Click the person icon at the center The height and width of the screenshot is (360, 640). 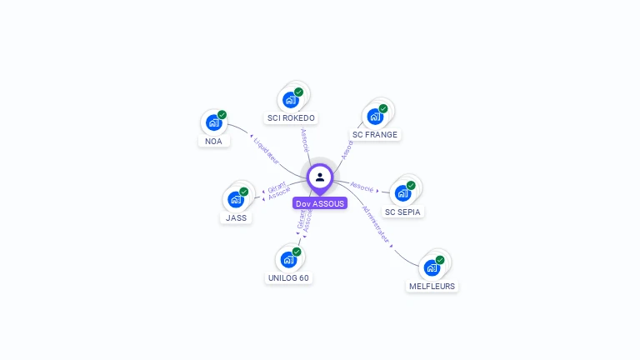click(320, 177)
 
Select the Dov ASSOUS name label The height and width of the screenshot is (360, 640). click(320, 203)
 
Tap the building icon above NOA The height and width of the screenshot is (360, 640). click(213, 123)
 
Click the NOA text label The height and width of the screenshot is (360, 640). click(213, 142)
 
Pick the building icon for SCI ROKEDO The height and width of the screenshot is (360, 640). click(290, 100)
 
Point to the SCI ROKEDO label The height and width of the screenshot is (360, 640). click(291, 118)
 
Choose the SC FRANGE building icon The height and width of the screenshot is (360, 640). click(375, 117)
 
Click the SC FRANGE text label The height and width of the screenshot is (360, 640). click(375, 134)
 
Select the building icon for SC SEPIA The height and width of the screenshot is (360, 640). click(403, 193)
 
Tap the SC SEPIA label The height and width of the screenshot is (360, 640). click(404, 212)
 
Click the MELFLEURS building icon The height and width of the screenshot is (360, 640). click(432, 267)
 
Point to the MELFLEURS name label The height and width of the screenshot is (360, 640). click(432, 286)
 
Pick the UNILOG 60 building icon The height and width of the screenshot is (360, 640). click(288, 260)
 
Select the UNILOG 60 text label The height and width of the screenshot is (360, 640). click(288, 277)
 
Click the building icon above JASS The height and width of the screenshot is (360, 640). click(236, 200)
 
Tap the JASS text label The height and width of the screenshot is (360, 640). click(236, 217)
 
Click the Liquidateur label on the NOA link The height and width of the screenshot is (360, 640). click(266, 142)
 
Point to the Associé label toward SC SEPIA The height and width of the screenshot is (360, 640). click(362, 187)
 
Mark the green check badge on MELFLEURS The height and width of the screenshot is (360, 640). click(440, 260)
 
